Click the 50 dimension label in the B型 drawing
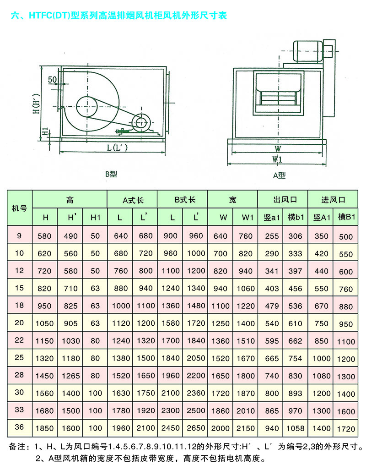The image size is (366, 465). [53, 79]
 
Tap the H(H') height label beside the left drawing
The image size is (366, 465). [36, 104]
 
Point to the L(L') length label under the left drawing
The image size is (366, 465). [117, 148]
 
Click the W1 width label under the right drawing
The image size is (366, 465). [277, 159]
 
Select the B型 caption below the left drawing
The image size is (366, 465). [111, 174]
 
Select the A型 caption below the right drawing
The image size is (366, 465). [279, 175]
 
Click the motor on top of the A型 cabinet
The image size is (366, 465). [307, 52]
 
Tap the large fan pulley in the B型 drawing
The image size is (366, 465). [87, 107]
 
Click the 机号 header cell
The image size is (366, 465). [19, 208]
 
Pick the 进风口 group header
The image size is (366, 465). [333, 200]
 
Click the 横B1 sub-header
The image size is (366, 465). [346, 217]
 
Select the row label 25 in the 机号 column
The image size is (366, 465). [19, 357]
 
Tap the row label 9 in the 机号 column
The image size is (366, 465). [19, 236]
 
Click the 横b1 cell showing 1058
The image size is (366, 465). [295, 428]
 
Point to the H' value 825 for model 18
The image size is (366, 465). [71, 306]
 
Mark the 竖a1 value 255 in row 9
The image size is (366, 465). [272, 236]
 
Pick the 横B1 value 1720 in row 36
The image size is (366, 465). [346, 429]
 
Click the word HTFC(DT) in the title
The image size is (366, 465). [49, 16]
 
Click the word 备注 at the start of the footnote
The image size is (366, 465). [17, 446]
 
